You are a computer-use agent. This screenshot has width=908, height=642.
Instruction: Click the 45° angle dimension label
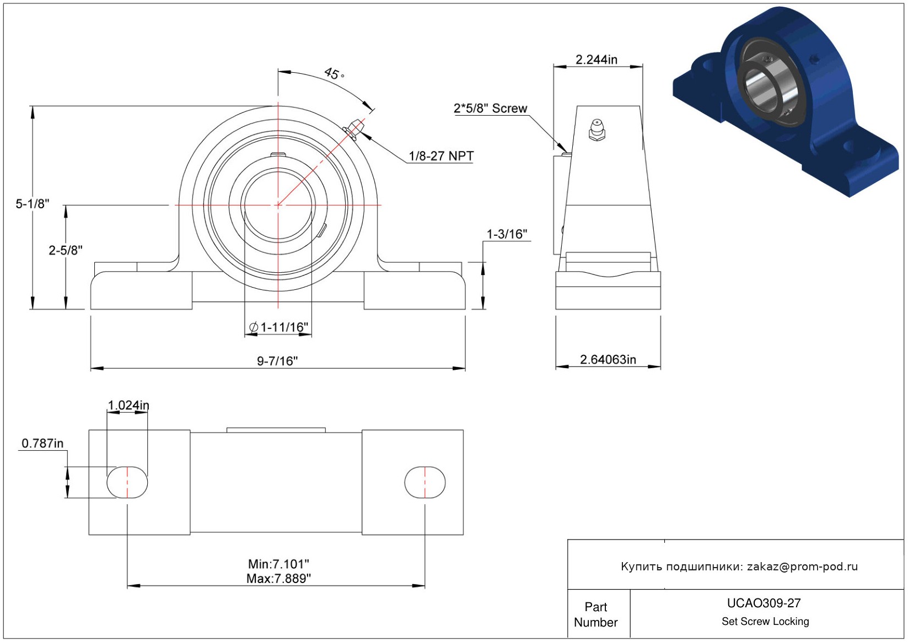pyautogui.click(x=334, y=74)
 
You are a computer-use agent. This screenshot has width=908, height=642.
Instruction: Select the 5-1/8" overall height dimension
pyautogui.click(x=33, y=203)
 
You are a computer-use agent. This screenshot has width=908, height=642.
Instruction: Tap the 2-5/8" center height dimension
pyautogui.click(x=66, y=250)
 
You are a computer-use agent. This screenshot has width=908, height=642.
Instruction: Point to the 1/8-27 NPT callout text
pyautogui.click(x=441, y=156)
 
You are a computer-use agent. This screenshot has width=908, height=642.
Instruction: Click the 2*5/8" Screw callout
pyautogui.click(x=491, y=108)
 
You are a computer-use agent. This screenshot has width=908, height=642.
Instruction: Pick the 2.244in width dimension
pyautogui.click(x=597, y=60)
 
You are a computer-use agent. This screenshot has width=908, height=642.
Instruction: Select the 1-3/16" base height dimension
pyautogui.click(x=507, y=234)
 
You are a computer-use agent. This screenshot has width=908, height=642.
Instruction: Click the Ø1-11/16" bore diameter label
pyautogui.click(x=278, y=327)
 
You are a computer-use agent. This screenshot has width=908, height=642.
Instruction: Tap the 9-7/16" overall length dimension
pyautogui.click(x=277, y=360)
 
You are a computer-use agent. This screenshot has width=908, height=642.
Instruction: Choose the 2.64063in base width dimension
pyautogui.click(x=608, y=359)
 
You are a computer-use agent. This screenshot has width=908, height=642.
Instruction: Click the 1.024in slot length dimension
pyautogui.click(x=128, y=405)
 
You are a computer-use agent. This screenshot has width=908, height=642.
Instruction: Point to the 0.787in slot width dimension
pyautogui.click(x=42, y=443)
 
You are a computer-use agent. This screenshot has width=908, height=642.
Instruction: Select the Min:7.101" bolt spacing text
pyautogui.click(x=278, y=563)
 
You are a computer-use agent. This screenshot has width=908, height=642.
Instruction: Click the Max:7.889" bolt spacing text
pyautogui.click(x=278, y=579)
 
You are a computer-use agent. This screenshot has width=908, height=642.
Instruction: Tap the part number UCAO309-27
pyautogui.click(x=764, y=603)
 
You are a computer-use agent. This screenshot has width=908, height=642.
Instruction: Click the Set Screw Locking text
pyautogui.click(x=765, y=621)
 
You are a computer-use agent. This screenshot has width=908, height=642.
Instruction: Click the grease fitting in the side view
pyautogui.click(x=597, y=130)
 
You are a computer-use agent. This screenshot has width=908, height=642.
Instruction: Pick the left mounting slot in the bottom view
pyautogui.click(x=127, y=482)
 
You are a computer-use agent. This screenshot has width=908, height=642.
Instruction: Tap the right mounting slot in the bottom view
pyautogui.click(x=425, y=482)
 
